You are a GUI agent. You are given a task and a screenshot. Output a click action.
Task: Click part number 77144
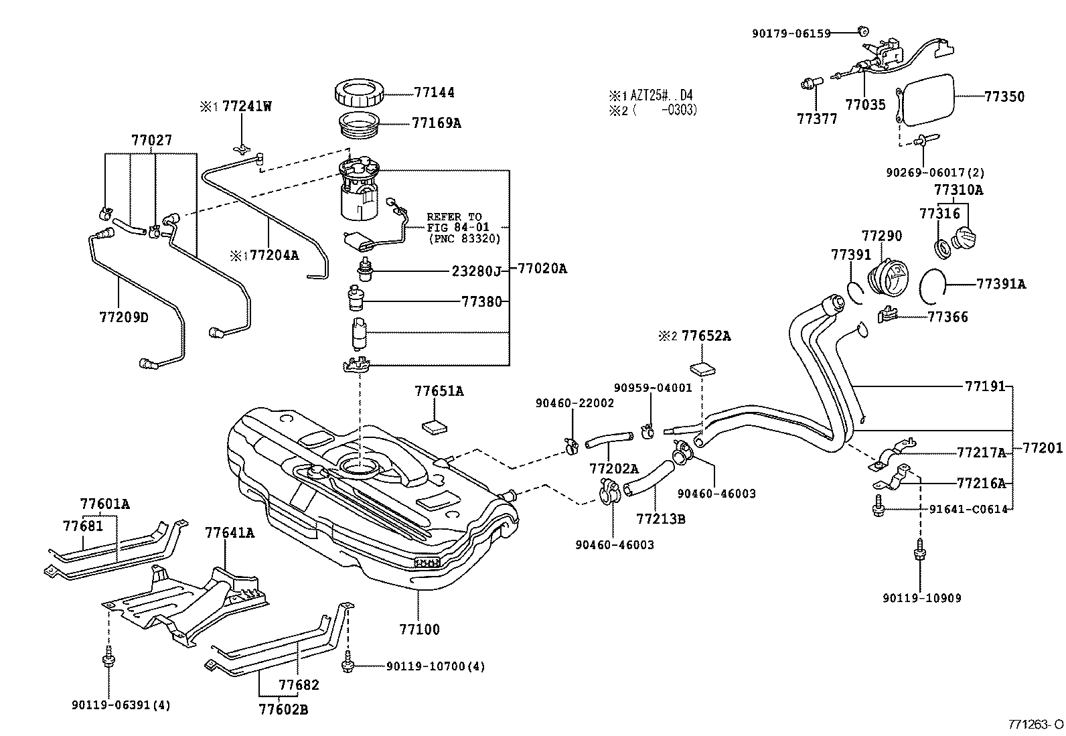point(434,92)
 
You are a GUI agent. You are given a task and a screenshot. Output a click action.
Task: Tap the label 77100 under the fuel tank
point(419,630)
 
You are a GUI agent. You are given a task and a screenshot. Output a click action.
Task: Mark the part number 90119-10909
point(921,598)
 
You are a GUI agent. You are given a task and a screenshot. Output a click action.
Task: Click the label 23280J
point(475,271)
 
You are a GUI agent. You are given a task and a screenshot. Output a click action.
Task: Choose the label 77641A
point(230,533)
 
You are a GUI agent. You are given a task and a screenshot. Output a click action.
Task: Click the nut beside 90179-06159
point(862,30)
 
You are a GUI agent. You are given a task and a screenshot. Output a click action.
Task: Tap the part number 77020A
point(542,269)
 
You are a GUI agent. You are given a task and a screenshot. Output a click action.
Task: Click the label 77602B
point(283,709)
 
